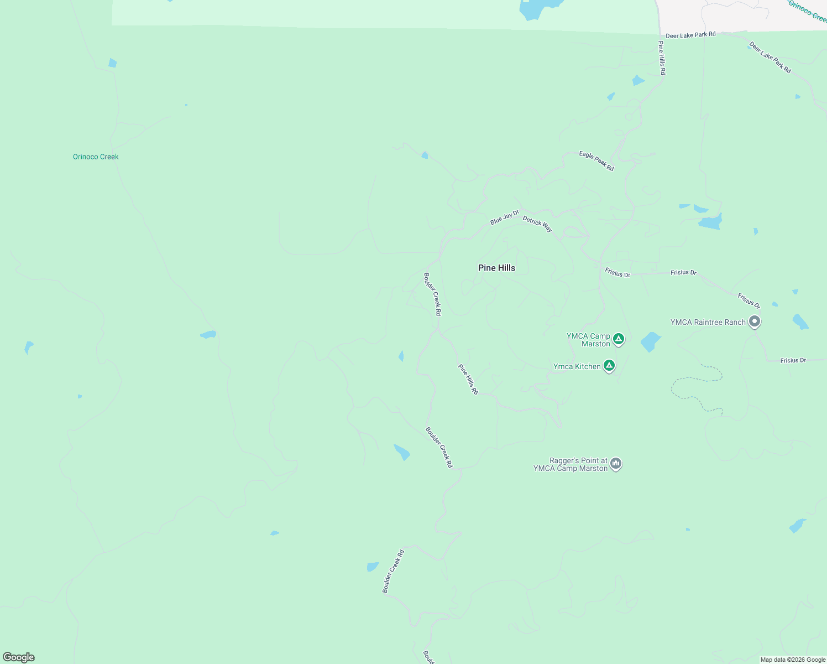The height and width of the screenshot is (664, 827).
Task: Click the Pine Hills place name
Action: pyautogui.click(x=496, y=268)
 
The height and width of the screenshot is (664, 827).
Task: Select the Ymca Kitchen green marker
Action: pyautogui.click(x=609, y=365)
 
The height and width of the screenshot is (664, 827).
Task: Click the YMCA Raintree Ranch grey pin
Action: pyautogui.click(x=755, y=321)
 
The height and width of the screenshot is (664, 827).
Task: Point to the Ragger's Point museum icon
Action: pyautogui.click(x=616, y=464)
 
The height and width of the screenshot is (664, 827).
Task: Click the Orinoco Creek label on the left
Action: pyautogui.click(x=96, y=157)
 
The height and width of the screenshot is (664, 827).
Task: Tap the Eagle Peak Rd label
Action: pyautogui.click(x=596, y=160)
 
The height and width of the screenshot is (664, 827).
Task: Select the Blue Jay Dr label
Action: pyautogui.click(x=505, y=217)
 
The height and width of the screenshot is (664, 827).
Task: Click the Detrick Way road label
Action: pyautogui.click(x=537, y=224)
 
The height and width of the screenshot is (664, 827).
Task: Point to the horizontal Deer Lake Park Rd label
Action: pyautogui.click(x=690, y=35)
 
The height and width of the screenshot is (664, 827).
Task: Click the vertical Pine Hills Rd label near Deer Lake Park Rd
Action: pyautogui.click(x=662, y=58)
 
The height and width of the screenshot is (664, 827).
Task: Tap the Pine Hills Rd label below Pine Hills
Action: pyautogui.click(x=468, y=379)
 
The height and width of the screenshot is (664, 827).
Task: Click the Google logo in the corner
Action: pyautogui.click(x=19, y=657)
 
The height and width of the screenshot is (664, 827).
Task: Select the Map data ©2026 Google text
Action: pyautogui.click(x=793, y=660)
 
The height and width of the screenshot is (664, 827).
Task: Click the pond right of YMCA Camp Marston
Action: pyautogui.click(x=651, y=342)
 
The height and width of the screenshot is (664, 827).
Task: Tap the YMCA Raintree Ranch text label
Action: pyautogui.click(x=708, y=322)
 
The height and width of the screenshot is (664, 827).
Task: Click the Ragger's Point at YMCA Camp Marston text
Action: pyautogui.click(x=570, y=464)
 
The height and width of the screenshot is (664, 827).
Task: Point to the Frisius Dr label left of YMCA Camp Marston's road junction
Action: pyautogui.click(x=617, y=273)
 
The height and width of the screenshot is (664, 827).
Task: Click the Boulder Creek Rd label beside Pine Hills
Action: pyautogui.click(x=432, y=294)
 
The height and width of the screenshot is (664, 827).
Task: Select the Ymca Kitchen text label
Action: pyautogui.click(x=577, y=366)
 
